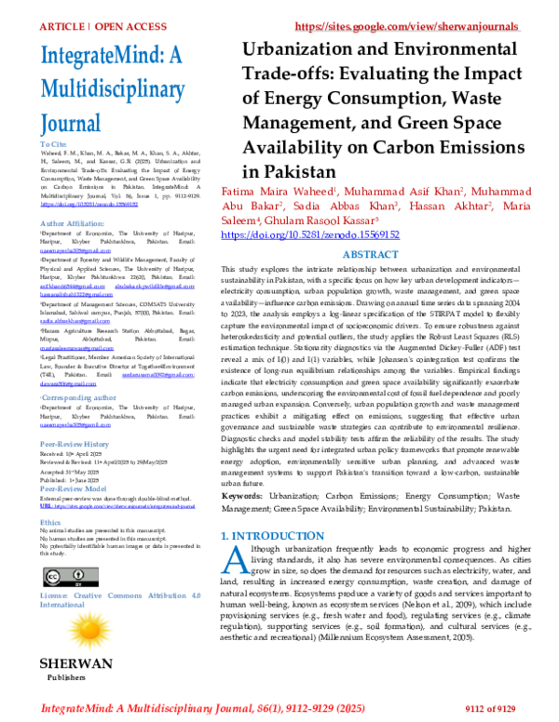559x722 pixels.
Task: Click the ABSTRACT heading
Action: [370, 254]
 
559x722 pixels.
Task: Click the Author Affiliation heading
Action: [74, 223]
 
